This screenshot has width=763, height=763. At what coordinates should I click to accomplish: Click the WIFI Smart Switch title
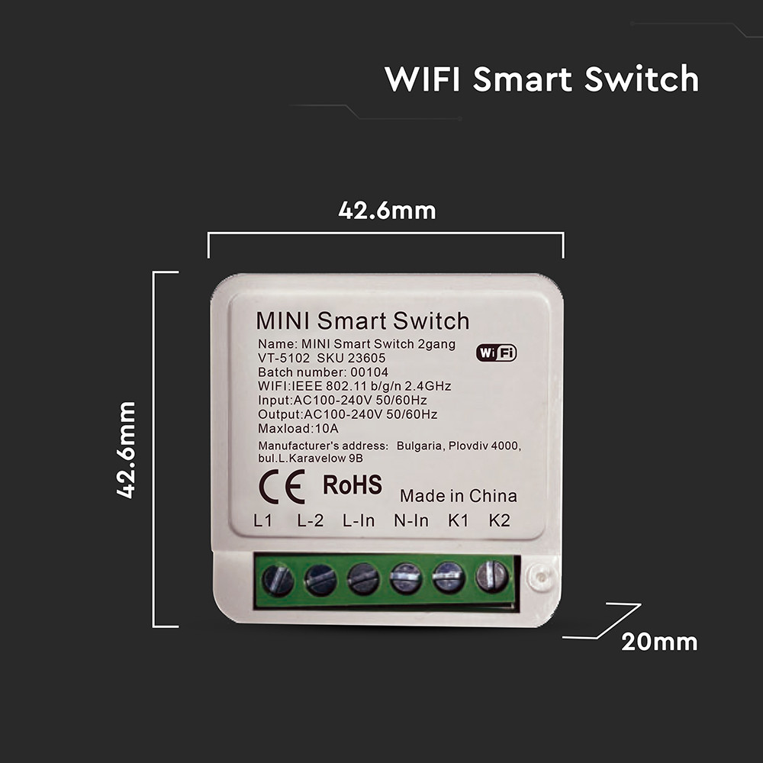coord(541,79)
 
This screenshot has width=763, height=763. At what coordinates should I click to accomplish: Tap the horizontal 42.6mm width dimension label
coord(387,211)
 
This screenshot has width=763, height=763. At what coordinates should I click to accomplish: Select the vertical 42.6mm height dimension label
coord(127,449)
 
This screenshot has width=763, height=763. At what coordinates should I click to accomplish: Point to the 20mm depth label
coord(658,642)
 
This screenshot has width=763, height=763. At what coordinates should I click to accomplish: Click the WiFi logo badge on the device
coord(496,353)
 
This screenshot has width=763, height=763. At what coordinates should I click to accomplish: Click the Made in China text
coord(458,496)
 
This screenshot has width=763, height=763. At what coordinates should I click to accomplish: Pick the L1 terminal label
coord(263,521)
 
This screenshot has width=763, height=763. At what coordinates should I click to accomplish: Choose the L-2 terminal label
coord(310,521)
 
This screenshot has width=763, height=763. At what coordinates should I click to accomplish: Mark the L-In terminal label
coord(358,521)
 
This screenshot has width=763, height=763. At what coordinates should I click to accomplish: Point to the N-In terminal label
coord(410,521)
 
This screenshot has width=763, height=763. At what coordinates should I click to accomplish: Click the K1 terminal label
coord(458,521)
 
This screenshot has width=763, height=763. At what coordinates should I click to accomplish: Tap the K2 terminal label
coord(499,521)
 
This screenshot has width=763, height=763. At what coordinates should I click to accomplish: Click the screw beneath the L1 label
coord(278,580)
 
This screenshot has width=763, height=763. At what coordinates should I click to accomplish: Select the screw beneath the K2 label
coord(491,577)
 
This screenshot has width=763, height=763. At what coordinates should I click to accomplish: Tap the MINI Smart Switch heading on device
coord(362,320)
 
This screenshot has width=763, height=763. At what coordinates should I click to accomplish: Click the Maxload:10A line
coord(288,428)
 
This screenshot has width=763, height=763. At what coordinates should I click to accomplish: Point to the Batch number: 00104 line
coord(312,372)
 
